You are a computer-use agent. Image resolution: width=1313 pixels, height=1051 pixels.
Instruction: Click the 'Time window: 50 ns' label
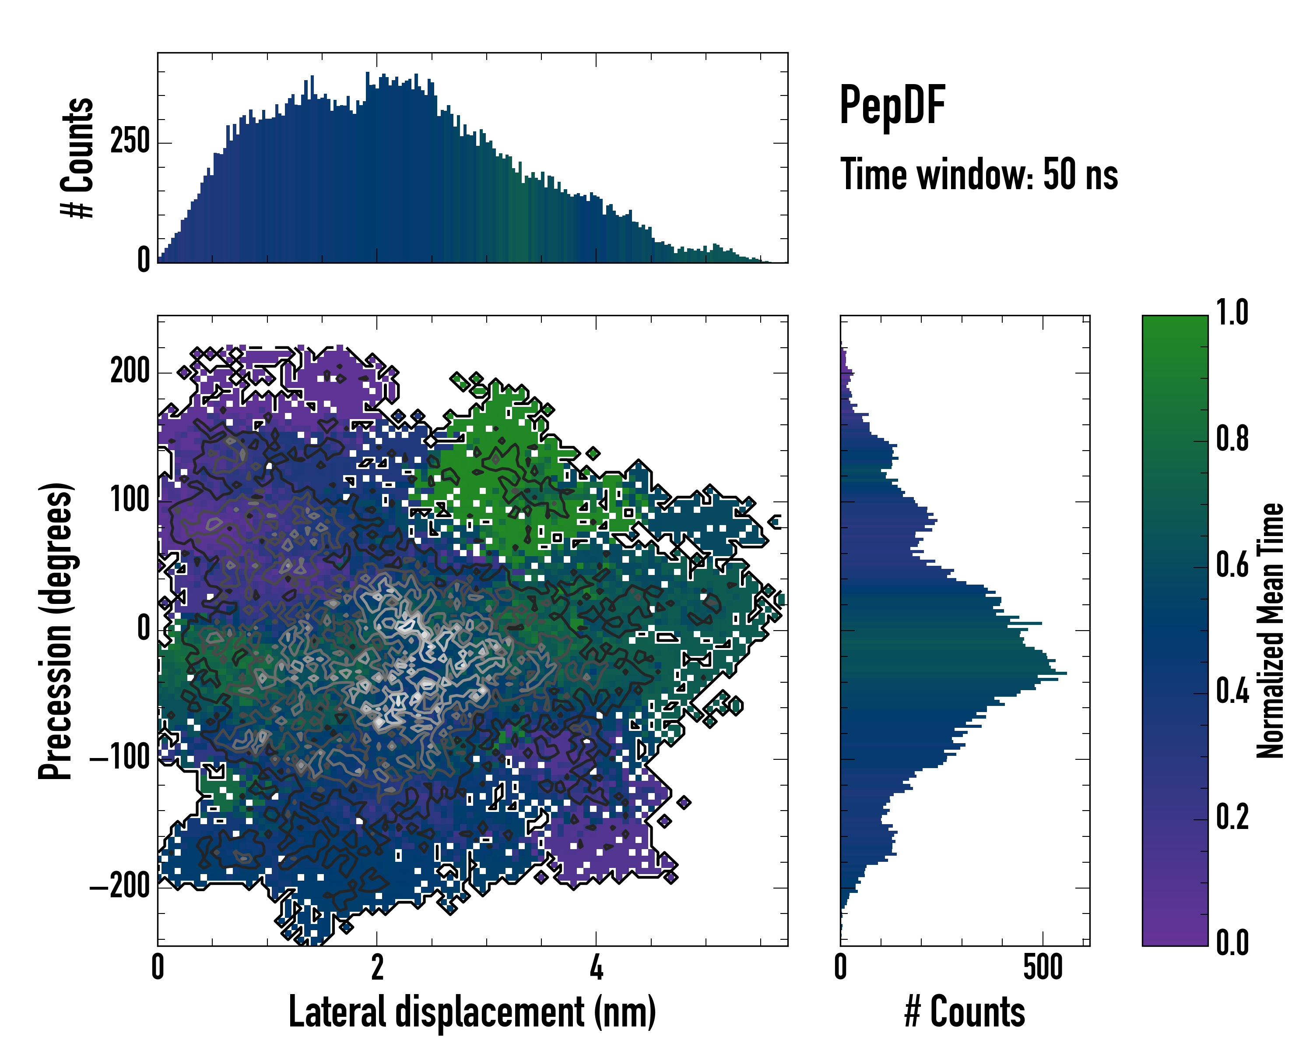pos(979,175)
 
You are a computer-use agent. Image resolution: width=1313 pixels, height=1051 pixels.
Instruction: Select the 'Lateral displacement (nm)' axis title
pos(472,1012)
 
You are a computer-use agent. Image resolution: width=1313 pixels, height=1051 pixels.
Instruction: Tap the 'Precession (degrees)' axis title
pos(56,631)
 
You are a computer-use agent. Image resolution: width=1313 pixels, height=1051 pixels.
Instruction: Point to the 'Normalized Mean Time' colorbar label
pos(1271,630)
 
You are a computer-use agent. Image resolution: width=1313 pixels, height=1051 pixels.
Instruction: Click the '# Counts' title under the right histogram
pos(965,1012)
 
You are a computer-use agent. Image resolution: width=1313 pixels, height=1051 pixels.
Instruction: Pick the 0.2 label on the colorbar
pos(1232,818)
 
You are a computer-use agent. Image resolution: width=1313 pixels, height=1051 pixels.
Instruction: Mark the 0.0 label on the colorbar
pos(1232,944)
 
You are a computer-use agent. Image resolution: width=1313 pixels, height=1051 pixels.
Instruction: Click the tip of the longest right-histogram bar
pos(1066,673)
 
